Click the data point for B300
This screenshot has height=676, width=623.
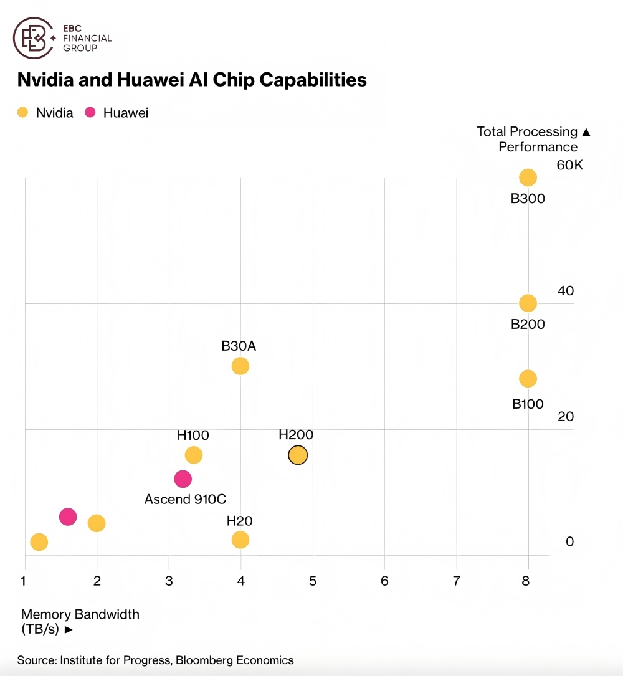pyautogui.click(x=528, y=178)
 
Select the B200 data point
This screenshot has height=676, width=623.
pyautogui.click(x=528, y=303)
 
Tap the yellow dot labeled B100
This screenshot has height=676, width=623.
pyautogui.click(x=528, y=379)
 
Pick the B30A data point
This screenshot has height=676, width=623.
pyautogui.click(x=240, y=366)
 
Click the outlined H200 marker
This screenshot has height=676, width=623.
pyautogui.click(x=298, y=455)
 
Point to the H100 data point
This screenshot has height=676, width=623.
pyautogui.click(x=194, y=455)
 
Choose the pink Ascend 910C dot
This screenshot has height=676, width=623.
pyautogui.click(x=183, y=479)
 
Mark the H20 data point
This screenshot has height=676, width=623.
pyautogui.click(x=240, y=540)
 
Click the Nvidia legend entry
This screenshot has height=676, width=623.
pyautogui.click(x=46, y=113)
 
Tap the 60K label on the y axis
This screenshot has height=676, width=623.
pyautogui.click(x=569, y=165)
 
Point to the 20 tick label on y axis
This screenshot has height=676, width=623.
pyautogui.click(x=566, y=417)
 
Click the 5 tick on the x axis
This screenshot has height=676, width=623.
pyautogui.click(x=313, y=581)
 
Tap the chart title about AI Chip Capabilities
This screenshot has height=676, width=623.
pyautogui.click(x=192, y=80)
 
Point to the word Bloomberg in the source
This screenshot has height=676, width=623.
pyautogui.click(x=203, y=660)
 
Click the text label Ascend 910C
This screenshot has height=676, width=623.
pyautogui.click(x=185, y=499)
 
